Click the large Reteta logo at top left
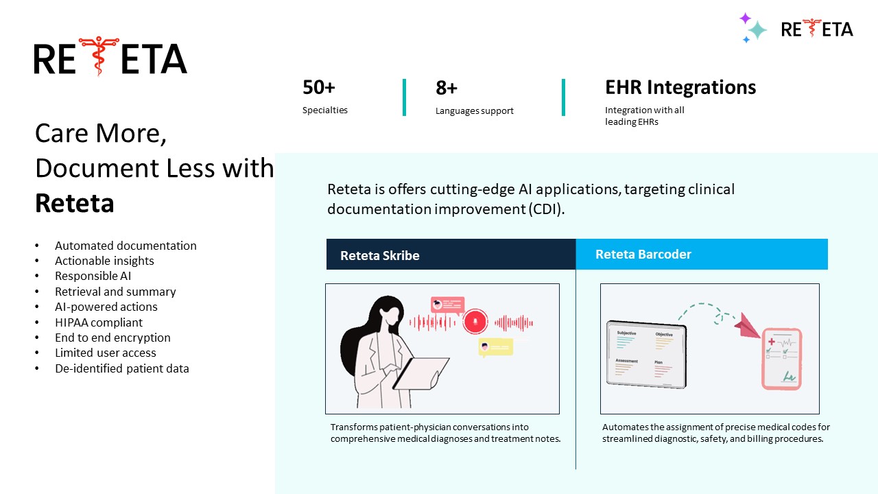pyautogui.click(x=110, y=58)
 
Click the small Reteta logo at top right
pyautogui.click(x=817, y=29)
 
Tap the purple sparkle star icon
pyautogui.click(x=745, y=19)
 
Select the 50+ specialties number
pyautogui.click(x=319, y=88)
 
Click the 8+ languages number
pyautogui.click(x=447, y=88)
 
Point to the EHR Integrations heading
pyautogui.click(x=680, y=87)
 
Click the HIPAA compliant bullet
pyautogui.click(x=99, y=322)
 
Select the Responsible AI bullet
pyautogui.click(x=93, y=276)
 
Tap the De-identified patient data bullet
pyautogui.click(x=121, y=368)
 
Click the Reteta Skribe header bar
pyautogui.click(x=450, y=255)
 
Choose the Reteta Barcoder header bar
pyautogui.click(x=701, y=254)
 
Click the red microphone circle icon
pyautogui.click(x=475, y=322)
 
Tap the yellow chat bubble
pyautogui.click(x=495, y=347)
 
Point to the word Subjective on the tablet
pyautogui.click(x=626, y=333)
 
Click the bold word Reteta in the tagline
pyautogui.click(x=74, y=203)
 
